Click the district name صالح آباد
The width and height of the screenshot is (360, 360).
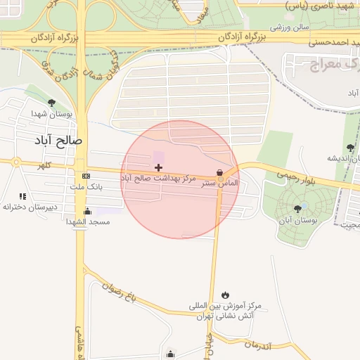[58, 141]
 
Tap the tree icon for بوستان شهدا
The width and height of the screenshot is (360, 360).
[52, 103]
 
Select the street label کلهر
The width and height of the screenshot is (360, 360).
[46, 166]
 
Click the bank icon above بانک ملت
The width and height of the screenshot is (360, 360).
[86, 176]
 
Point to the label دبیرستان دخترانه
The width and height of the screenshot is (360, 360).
[28, 207]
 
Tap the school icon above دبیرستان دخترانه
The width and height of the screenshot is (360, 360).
[22, 196]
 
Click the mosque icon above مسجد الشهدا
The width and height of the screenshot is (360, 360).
[87, 211]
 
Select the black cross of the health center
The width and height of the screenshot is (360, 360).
[158, 167]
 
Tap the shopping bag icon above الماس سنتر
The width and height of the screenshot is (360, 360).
[220, 172]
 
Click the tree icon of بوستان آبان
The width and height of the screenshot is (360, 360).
[298, 208]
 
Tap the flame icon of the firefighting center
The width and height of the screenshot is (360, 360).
[225, 295]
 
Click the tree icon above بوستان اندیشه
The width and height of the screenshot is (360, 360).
[350, 148]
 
